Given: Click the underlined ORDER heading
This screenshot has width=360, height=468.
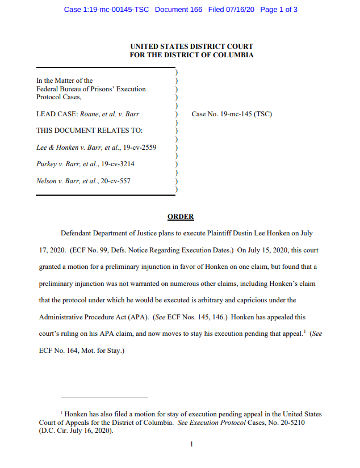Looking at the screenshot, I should (x=181, y=217).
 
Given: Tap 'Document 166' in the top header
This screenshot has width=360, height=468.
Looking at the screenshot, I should (x=178, y=10).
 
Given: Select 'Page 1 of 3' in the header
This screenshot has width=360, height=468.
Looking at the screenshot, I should (x=279, y=10).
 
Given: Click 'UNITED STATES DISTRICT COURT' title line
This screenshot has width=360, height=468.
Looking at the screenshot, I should (x=191, y=47).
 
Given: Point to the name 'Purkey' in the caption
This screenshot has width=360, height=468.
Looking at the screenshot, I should (x=47, y=164).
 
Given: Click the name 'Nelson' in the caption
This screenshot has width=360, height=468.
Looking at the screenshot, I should (x=47, y=181).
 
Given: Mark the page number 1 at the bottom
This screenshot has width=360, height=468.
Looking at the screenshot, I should (x=191, y=444).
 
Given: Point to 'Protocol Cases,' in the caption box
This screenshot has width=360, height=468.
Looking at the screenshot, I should (x=58, y=97).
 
